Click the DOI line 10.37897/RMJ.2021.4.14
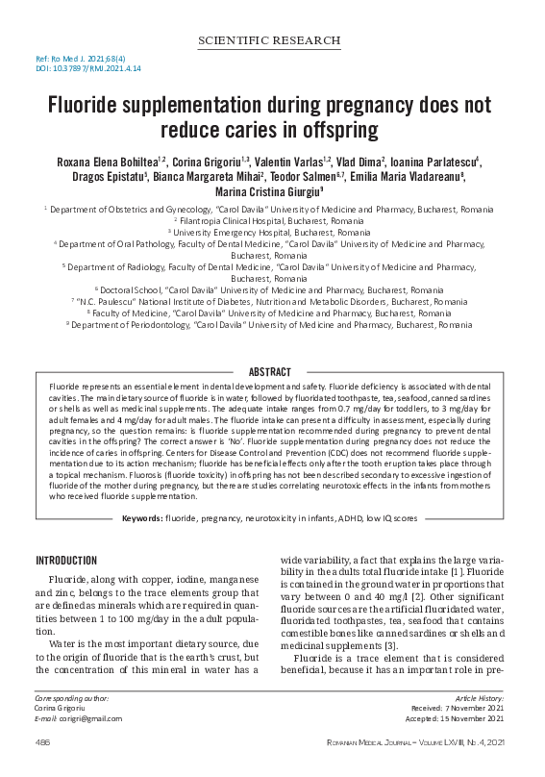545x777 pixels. (x=80, y=69)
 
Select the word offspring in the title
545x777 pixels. (x=334, y=128)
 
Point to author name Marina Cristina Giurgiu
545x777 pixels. (x=271, y=191)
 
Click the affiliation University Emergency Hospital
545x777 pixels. (x=272, y=232)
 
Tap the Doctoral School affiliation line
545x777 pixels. (x=272, y=289)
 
